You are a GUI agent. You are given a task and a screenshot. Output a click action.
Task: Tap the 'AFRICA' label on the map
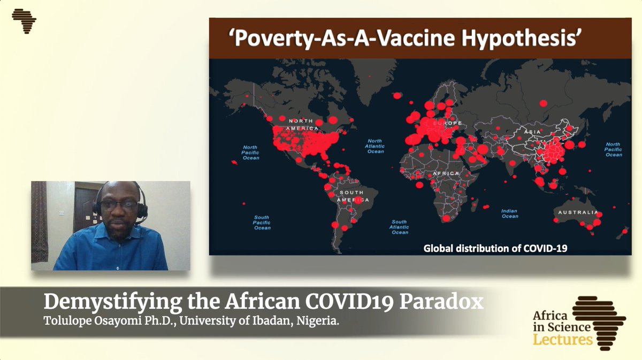click(447, 174)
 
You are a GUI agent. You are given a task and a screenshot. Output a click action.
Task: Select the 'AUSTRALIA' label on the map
click(578, 212)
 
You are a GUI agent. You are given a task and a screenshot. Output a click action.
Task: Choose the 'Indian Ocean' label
click(509, 213)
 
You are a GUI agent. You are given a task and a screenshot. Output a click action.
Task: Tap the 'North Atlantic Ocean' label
click(376, 146)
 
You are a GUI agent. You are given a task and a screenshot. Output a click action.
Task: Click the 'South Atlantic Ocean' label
click(400, 227)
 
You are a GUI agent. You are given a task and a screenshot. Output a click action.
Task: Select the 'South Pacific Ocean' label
click(262, 222)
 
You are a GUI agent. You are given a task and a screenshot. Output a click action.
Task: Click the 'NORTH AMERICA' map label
click(302, 125)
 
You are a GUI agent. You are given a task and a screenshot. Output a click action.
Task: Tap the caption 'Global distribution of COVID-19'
click(495, 248)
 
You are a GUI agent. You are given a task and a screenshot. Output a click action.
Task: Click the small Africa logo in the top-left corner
click(24, 21)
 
